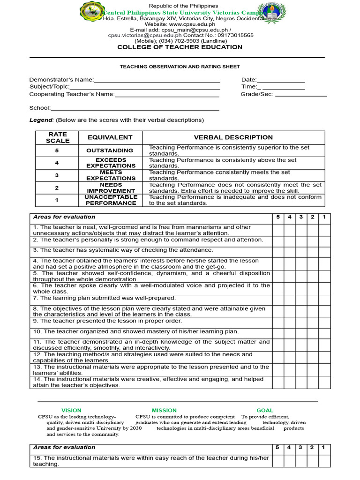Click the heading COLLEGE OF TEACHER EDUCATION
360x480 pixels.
[x=180, y=47]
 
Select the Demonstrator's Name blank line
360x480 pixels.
[x=157, y=80]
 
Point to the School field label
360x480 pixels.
[x=40, y=108]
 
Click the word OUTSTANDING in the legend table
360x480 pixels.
[x=110, y=150]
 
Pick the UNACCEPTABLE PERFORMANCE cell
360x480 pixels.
[x=111, y=200]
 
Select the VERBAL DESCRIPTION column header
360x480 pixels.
[x=233, y=137]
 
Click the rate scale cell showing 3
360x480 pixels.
[x=57, y=175]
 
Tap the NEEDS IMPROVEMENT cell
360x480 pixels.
[x=111, y=187]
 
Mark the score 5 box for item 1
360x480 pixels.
[x=278, y=230]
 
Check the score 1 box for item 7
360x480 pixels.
[x=324, y=299]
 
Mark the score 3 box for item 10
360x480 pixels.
[x=301, y=332]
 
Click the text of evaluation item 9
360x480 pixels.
[x=107, y=321]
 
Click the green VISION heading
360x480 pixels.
[x=71, y=410]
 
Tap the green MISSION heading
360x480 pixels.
[x=164, y=410]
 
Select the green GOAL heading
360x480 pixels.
[x=264, y=410]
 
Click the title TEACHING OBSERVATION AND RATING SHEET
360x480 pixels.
[x=180, y=67]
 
